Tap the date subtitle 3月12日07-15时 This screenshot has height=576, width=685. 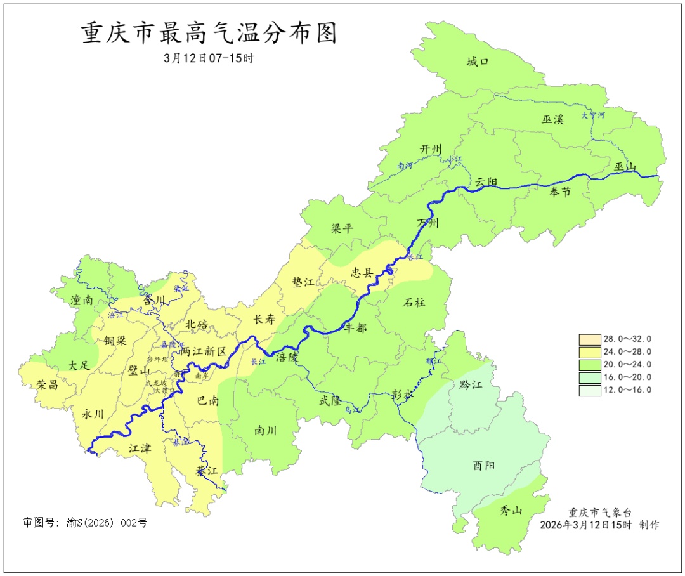[209, 58]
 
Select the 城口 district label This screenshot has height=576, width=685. [479, 62]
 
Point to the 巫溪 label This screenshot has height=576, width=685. [553, 119]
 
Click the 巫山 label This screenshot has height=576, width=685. [625, 167]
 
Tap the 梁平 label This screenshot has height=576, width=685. [342, 229]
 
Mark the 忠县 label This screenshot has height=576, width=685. [362, 273]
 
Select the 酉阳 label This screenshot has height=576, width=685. [484, 466]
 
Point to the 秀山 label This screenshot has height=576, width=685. [511, 510]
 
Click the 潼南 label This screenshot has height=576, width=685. [82, 301]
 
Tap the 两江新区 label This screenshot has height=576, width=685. [203, 351]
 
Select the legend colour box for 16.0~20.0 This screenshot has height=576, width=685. [589, 377]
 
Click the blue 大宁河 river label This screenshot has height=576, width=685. [592, 115]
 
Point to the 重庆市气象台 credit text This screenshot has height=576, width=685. [599, 513]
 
